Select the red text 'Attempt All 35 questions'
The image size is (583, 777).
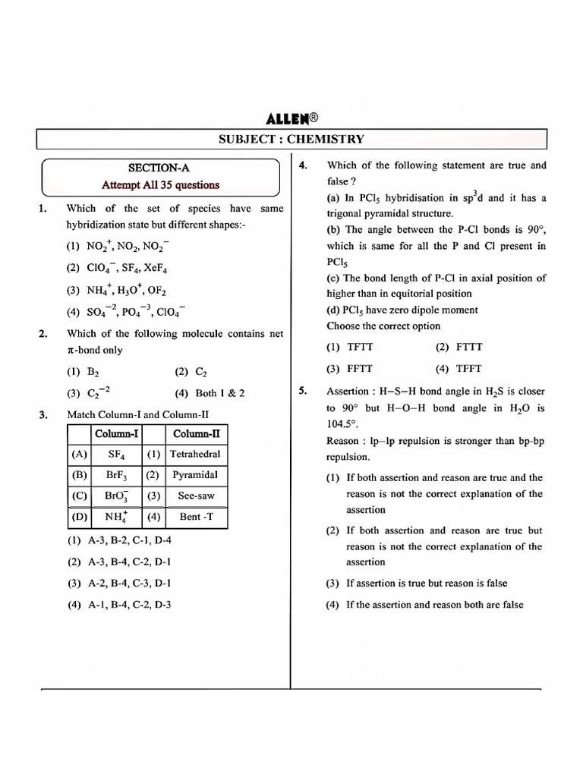(161, 184)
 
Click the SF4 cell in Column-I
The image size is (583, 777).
(115, 454)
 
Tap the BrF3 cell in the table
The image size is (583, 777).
(116, 475)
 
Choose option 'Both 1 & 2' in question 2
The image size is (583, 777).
(219, 393)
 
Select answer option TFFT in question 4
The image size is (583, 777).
(468, 369)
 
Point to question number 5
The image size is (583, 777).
(302, 392)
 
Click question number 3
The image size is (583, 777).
(43, 414)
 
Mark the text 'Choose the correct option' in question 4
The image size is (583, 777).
(383, 326)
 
